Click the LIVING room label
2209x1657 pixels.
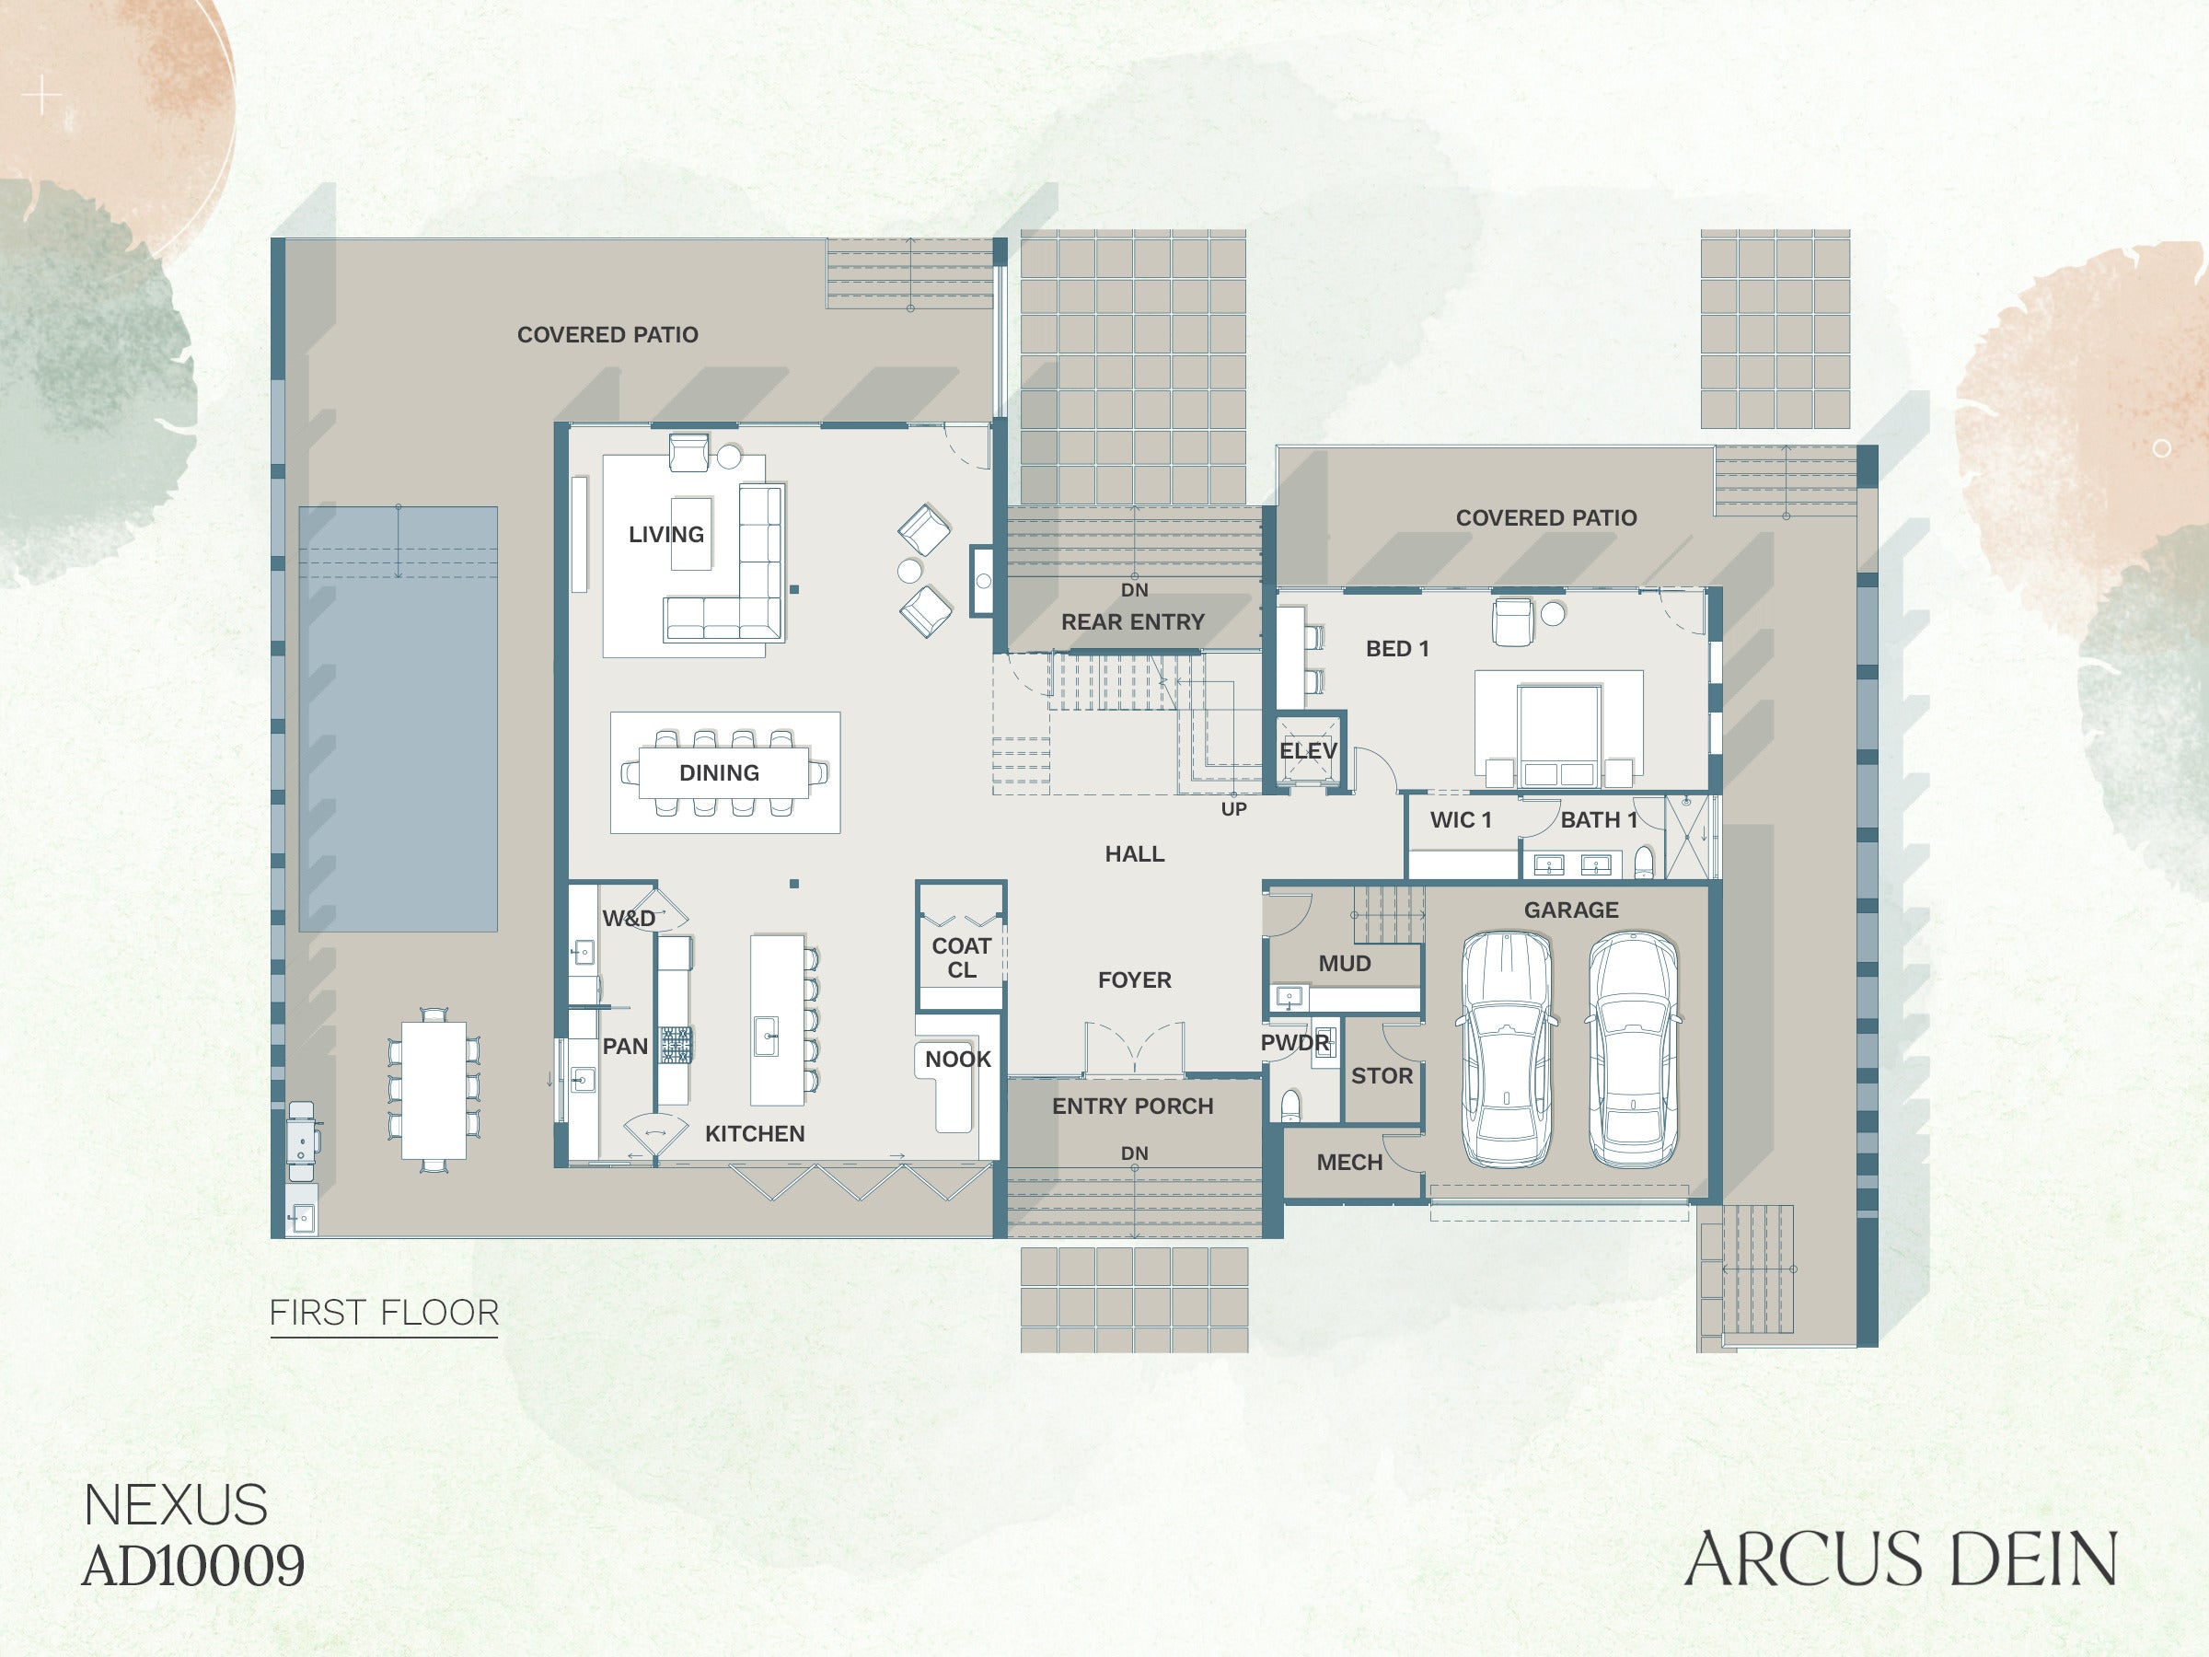pyautogui.click(x=666, y=534)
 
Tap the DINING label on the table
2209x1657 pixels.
pyautogui.click(x=719, y=773)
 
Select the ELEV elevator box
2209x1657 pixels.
pyautogui.click(x=1309, y=751)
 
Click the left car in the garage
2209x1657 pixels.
pyautogui.click(x=1507, y=1049)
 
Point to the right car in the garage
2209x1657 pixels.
pyautogui.click(x=1634, y=1049)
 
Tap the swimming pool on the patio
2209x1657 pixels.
pyautogui.click(x=399, y=719)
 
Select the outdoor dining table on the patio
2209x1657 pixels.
pyautogui.click(x=434, y=1090)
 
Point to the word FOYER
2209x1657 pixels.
pyautogui.click(x=1135, y=980)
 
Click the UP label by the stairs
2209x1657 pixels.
pyautogui.click(x=1234, y=809)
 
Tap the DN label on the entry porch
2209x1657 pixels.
pyautogui.click(x=1135, y=1153)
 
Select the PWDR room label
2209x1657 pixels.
pyautogui.click(x=1295, y=1043)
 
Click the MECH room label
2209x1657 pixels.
pyautogui.click(x=1350, y=1163)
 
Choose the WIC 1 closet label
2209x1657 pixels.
pyautogui.click(x=1461, y=820)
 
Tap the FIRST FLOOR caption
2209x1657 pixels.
pyautogui.click(x=385, y=1313)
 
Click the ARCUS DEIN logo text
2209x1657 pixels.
pyautogui.click(x=1902, y=1559)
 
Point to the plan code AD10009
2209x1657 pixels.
pyautogui.click(x=193, y=1566)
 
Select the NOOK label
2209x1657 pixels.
pyautogui.click(x=958, y=1060)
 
